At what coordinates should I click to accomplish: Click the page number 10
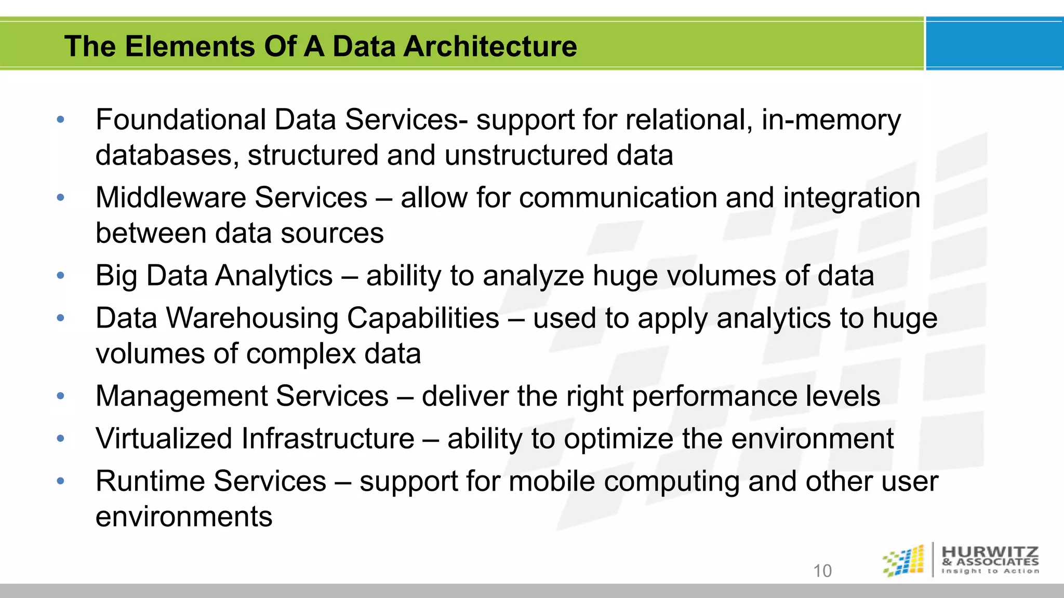point(822,570)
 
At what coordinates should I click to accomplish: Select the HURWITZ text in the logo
point(990,552)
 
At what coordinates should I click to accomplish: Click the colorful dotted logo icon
point(904,561)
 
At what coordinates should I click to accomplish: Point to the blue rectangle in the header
point(994,44)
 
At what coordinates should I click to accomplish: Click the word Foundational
point(180,120)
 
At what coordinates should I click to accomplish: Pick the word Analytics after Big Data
point(274,276)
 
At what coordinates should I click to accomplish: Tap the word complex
point(301,355)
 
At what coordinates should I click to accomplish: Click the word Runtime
point(154,481)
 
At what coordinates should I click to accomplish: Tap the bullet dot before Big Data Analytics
point(61,276)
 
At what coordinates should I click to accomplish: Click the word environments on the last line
point(184,517)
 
